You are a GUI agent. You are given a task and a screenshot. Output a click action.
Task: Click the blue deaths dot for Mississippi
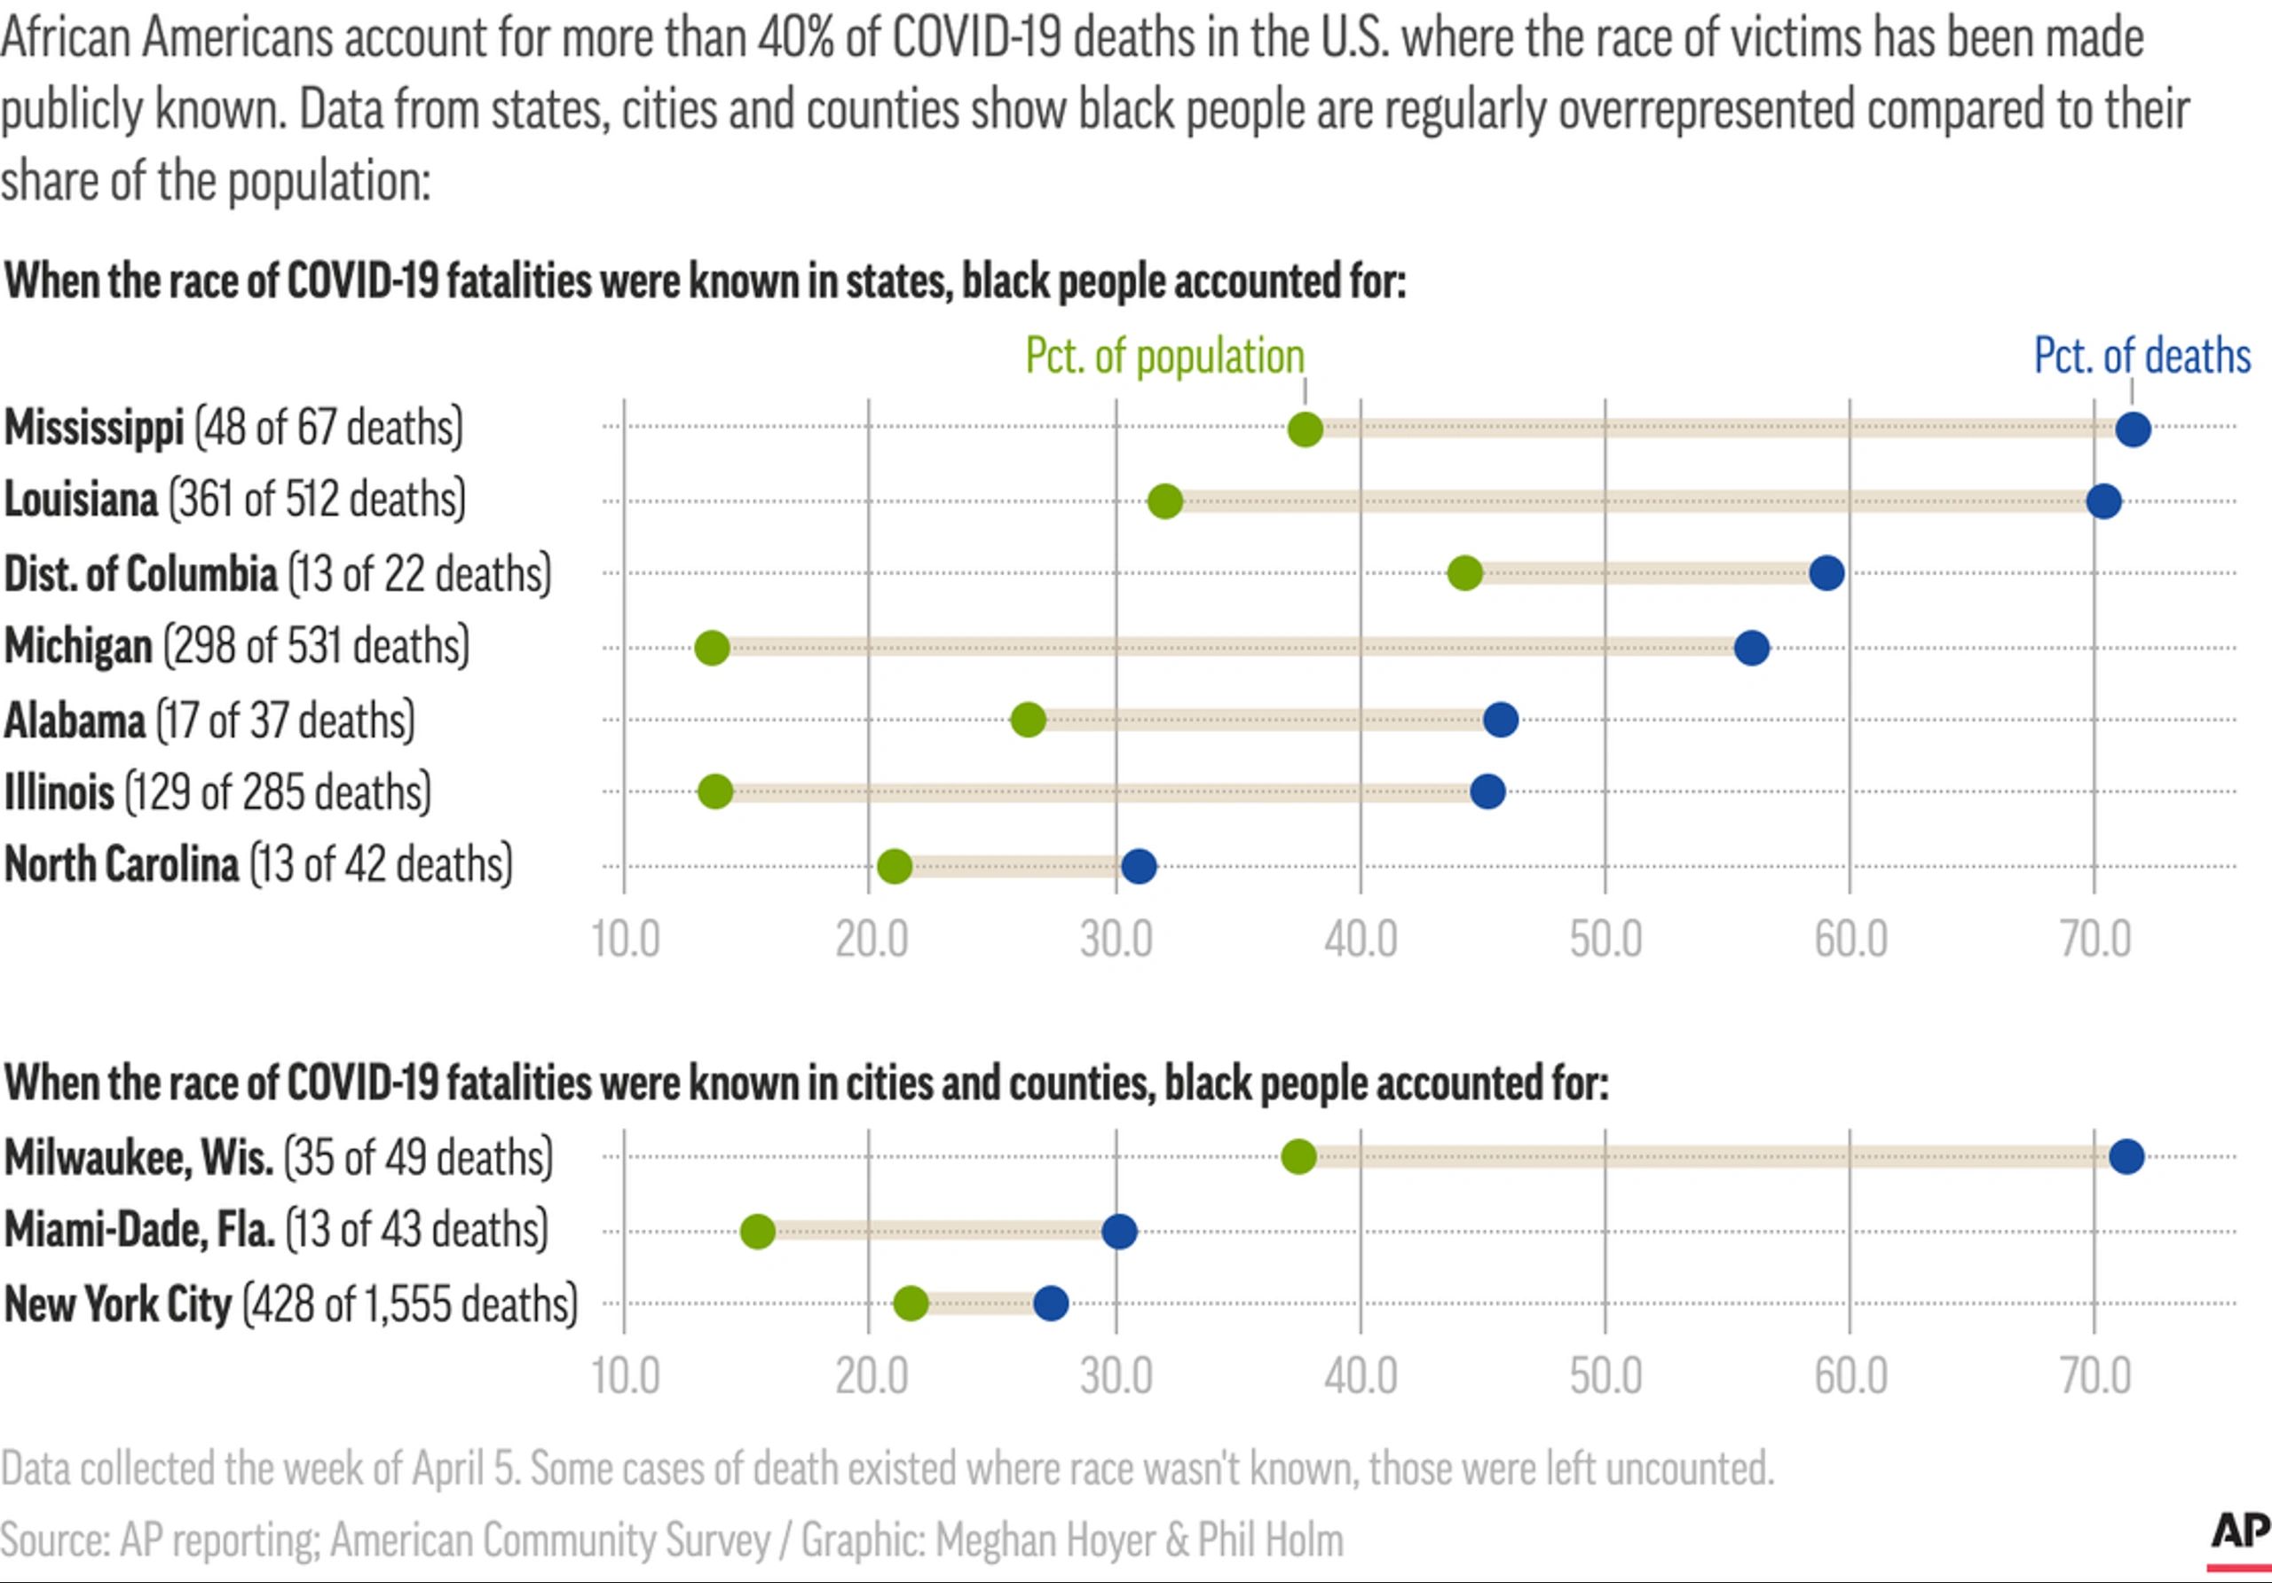(x=2133, y=429)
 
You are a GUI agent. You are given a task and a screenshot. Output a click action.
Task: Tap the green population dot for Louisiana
(x=1164, y=501)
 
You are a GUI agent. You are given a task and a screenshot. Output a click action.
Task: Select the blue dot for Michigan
(x=1752, y=648)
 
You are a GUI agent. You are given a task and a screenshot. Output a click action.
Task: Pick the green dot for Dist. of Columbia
(x=1464, y=573)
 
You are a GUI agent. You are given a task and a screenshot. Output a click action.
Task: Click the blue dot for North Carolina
(x=1139, y=867)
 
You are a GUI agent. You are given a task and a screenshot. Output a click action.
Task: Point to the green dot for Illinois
(x=714, y=791)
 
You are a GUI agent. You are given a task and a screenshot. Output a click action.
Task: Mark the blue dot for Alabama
(x=1500, y=721)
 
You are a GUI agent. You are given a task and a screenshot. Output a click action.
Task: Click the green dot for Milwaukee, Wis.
(x=1298, y=1156)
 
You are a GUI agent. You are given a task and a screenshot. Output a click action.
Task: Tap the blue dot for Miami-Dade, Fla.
(x=1119, y=1232)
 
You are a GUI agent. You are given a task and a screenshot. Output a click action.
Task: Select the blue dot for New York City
(x=1051, y=1303)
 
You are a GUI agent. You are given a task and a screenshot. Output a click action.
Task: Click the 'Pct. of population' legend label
(x=1164, y=356)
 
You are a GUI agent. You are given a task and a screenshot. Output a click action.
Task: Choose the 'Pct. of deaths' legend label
(x=2142, y=356)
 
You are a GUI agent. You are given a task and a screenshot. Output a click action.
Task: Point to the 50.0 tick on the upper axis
(x=1605, y=939)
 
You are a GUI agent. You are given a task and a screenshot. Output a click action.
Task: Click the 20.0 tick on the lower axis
(x=871, y=1376)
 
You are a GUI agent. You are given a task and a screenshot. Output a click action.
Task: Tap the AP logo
(x=2240, y=1532)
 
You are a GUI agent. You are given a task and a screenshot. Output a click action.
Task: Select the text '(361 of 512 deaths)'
(x=317, y=499)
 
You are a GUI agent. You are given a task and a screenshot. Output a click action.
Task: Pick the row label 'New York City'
(x=118, y=1304)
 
